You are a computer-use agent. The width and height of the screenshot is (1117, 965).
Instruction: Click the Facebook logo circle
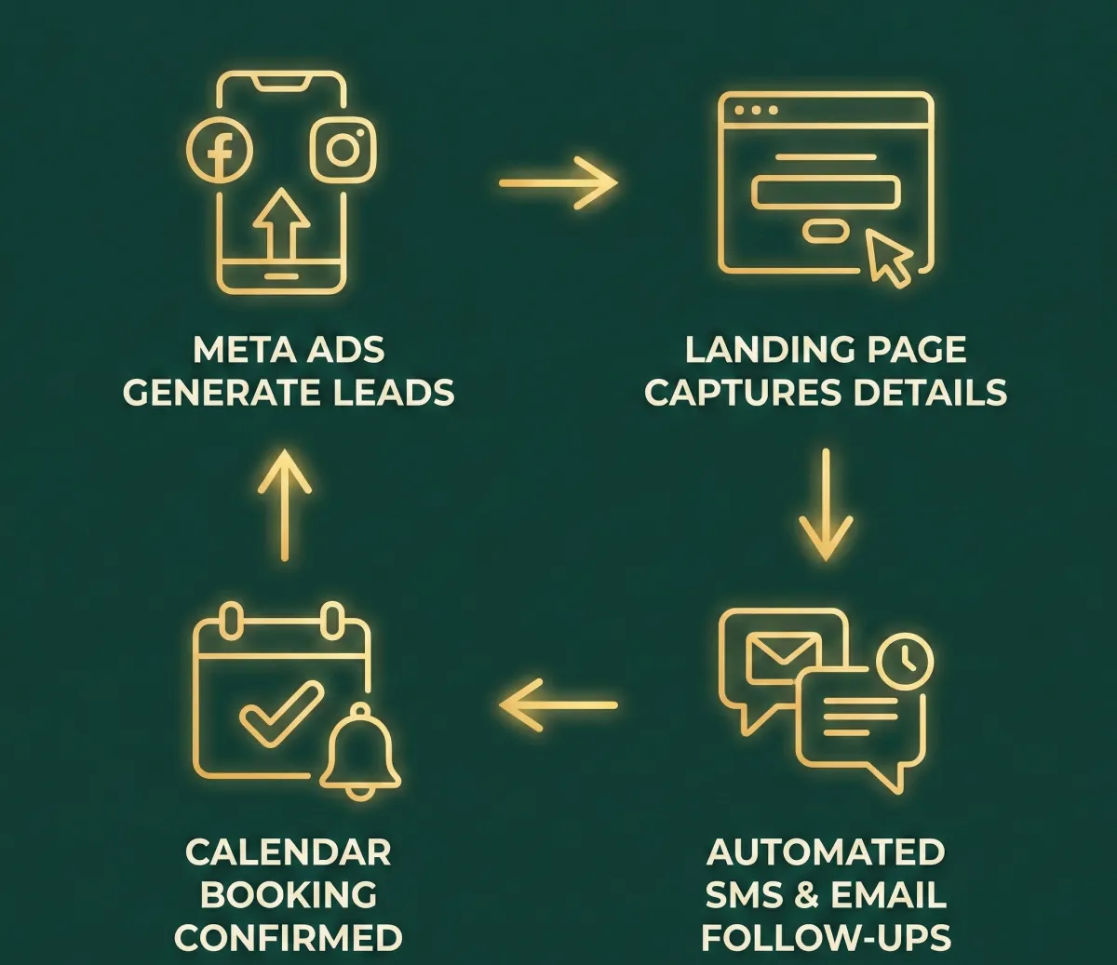pyautogui.click(x=220, y=151)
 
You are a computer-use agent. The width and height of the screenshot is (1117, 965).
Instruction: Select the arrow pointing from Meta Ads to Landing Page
pyautogui.click(x=558, y=182)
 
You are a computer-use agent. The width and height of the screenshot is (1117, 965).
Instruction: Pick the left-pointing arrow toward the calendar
pyautogui.click(x=558, y=704)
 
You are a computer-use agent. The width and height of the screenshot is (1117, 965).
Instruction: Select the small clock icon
pyautogui.click(x=904, y=660)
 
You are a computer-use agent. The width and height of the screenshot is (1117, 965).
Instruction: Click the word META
pyautogui.click(x=236, y=351)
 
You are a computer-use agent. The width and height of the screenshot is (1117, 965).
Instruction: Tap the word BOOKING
pyautogui.click(x=289, y=895)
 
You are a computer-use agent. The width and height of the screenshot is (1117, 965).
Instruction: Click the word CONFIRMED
pyautogui.click(x=289, y=937)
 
